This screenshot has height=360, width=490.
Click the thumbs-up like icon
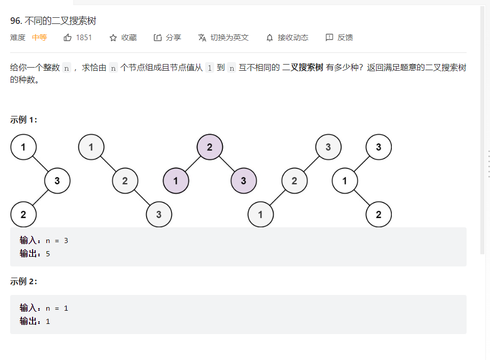(68, 38)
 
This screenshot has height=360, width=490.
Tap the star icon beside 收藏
(113, 38)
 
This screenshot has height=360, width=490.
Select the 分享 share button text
(174, 38)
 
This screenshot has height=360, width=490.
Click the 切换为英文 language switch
(229, 38)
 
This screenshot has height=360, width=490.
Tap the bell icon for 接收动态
(270, 38)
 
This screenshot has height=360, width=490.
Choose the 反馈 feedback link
(345, 38)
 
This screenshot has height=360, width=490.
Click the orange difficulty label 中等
(39, 38)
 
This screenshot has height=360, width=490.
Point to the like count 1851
(84, 38)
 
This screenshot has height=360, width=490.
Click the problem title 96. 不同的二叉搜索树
(53, 21)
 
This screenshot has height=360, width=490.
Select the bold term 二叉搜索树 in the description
(303, 68)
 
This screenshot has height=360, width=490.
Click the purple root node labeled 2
(210, 147)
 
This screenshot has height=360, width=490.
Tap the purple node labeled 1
(176, 181)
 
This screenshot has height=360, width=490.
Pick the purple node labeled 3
(244, 181)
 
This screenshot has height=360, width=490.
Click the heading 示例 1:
(23, 119)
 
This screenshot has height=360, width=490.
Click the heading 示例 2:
(23, 282)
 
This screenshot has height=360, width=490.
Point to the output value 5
(48, 253)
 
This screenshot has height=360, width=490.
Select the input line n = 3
(56, 241)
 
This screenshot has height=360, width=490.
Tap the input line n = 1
(56, 308)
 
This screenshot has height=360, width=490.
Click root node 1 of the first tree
(23, 147)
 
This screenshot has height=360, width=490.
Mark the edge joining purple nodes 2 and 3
(227, 164)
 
